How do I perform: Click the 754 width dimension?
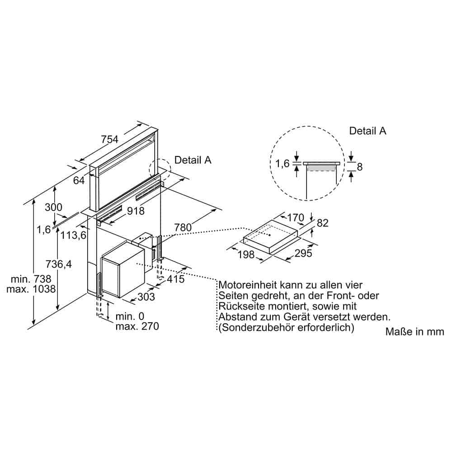(109, 139)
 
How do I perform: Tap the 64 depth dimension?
(79, 180)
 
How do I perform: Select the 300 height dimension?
(53, 207)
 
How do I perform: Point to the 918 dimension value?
(136, 211)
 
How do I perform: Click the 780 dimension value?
(183, 227)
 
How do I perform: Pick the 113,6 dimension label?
(74, 235)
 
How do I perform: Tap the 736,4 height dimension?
(59, 264)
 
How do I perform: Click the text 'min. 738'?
(31, 279)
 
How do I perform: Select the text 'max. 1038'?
(31, 289)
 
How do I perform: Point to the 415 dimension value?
(175, 279)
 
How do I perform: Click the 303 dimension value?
(146, 297)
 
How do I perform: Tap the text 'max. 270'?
(137, 326)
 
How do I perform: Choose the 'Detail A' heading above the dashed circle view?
(367, 131)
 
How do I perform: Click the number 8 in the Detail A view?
(359, 167)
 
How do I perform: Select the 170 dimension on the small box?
(296, 217)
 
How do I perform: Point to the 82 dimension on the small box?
(323, 223)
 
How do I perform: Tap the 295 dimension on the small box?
(303, 253)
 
